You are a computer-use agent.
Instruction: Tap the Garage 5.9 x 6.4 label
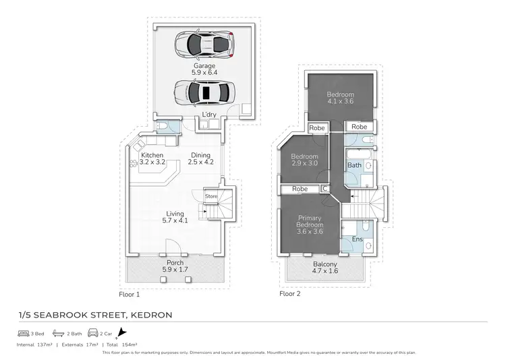[205, 69]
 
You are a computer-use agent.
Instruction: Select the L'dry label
[209, 115]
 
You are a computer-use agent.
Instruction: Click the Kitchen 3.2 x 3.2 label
[152, 159]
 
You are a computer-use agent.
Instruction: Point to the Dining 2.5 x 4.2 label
[200, 159]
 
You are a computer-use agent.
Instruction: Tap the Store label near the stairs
[211, 196]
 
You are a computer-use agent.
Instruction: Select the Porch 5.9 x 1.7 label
[174, 266]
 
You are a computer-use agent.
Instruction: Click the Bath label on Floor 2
[354, 165]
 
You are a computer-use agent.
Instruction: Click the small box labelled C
[325, 189]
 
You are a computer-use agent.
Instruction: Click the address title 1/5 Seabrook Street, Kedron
[94, 315]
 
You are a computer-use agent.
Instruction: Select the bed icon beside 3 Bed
[23, 333]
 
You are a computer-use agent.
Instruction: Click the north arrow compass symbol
[121, 333]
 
